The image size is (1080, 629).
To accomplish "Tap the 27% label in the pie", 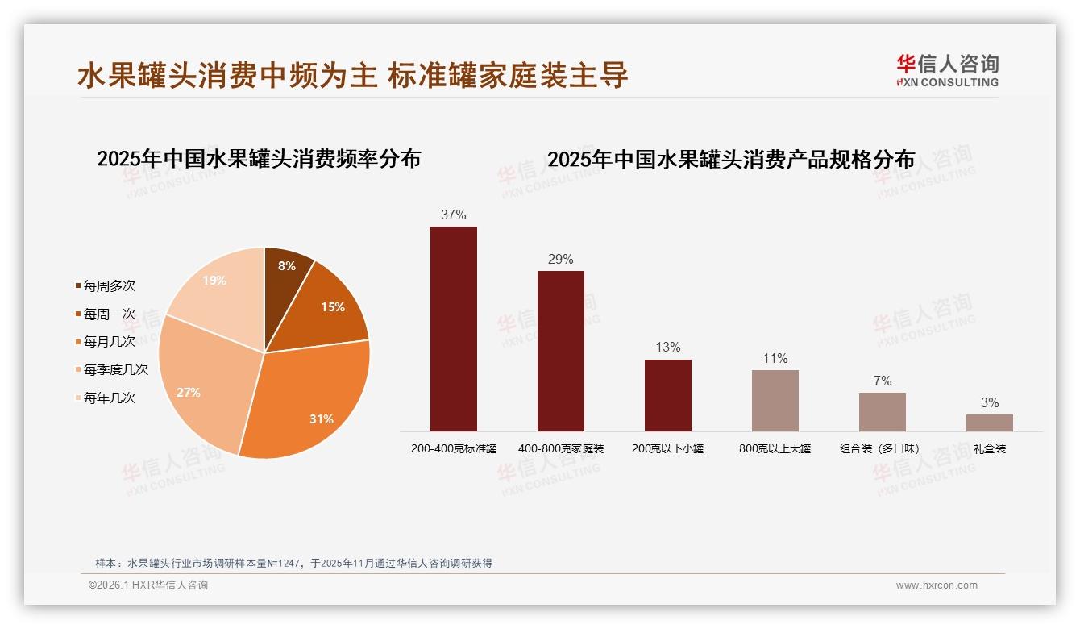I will (x=189, y=393).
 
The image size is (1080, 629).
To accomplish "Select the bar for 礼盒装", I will (x=990, y=423).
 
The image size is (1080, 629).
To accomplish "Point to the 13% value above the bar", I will (x=668, y=348).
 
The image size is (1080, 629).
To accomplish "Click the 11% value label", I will (x=775, y=359).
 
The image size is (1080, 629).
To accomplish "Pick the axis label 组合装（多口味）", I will (x=883, y=448).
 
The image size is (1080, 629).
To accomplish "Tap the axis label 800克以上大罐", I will (x=775, y=448).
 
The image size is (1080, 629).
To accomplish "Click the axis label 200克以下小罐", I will (x=668, y=448).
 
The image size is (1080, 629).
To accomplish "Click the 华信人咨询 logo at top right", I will (x=947, y=71).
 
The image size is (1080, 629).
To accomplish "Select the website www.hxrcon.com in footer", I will (x=937, y=585).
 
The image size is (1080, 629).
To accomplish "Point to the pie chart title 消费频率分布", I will (x=259, y=159).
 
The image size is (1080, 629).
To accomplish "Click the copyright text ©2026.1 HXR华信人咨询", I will (x=148, y=585).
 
